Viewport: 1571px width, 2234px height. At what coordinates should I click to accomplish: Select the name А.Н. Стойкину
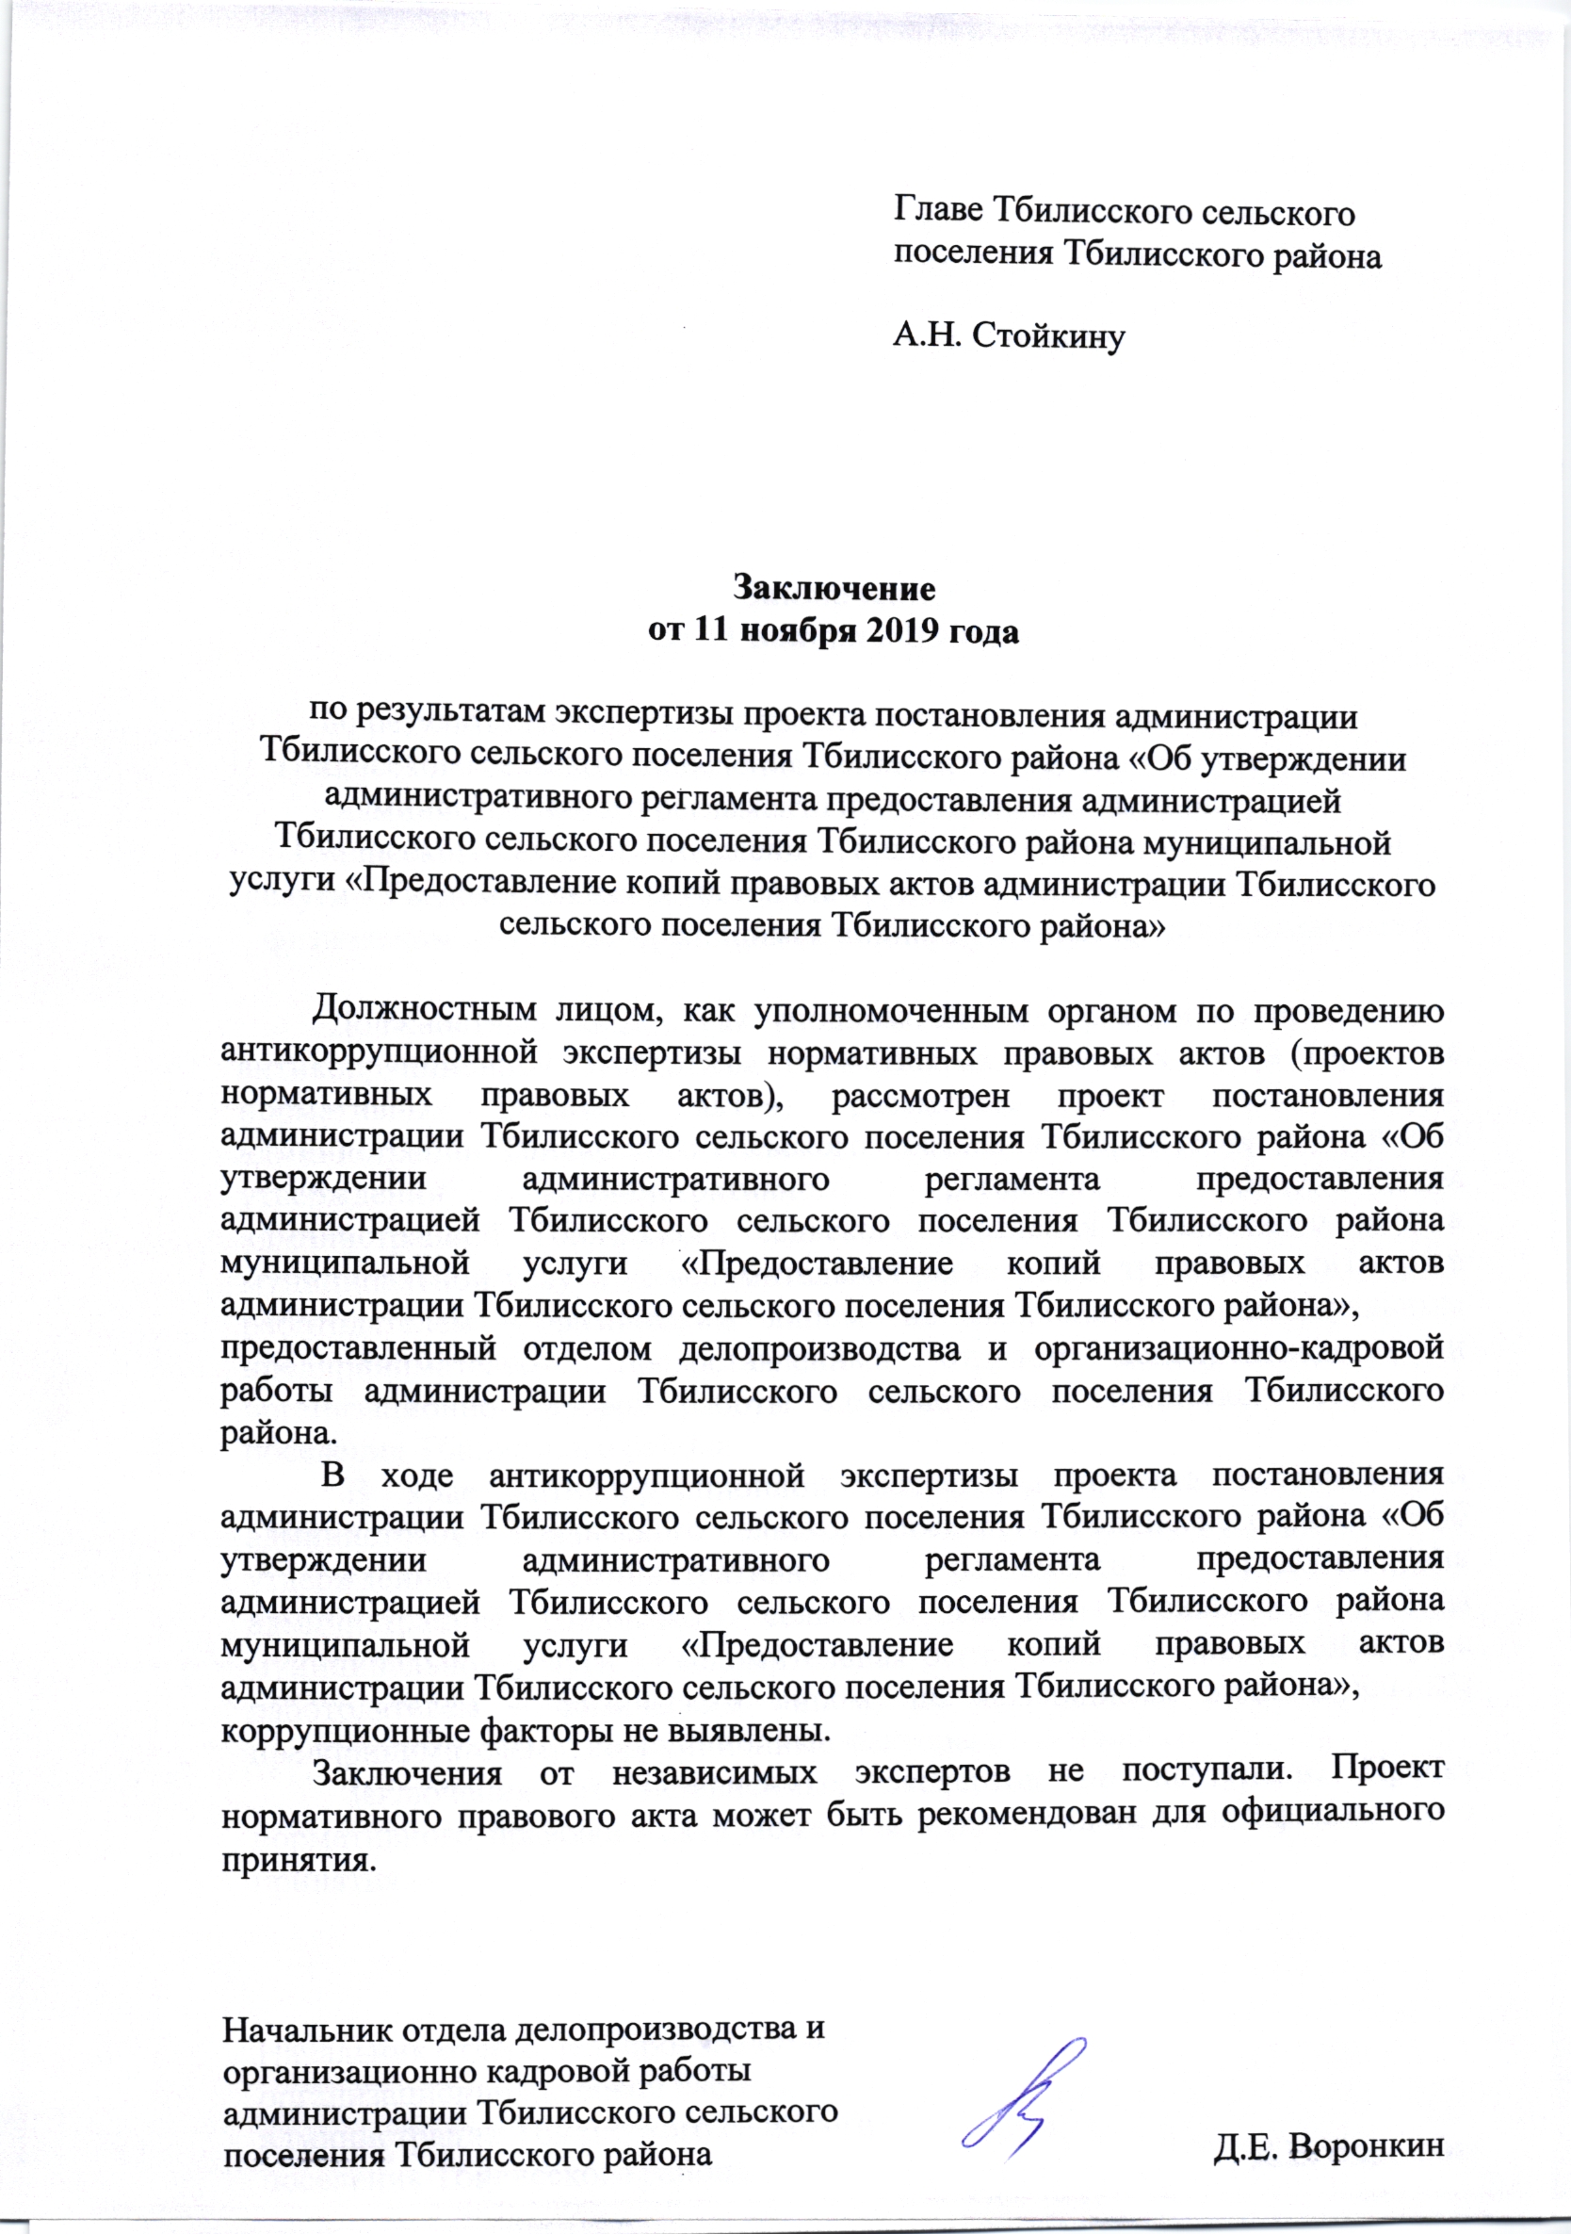click(x=1009, y=336)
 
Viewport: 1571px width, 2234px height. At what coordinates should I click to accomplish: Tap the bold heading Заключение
click(x=834, y=589)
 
